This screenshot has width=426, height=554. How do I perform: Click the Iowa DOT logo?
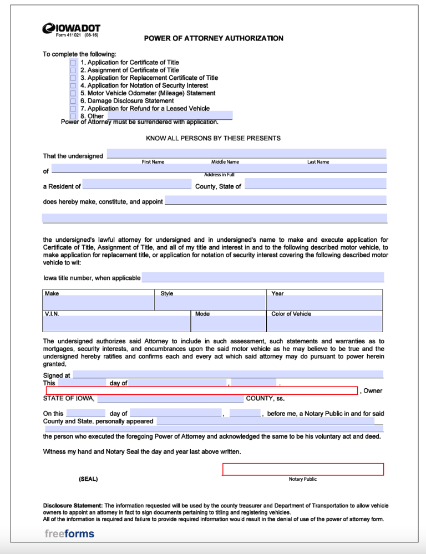(x=71, y=28)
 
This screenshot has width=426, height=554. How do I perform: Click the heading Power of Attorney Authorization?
(x=214, y=38)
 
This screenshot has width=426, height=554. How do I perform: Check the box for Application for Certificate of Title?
(x=73, y=63)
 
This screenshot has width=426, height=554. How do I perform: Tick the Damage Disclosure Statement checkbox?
(x=73, y=101)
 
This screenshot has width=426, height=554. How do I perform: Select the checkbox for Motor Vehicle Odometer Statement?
(x=73, y=93)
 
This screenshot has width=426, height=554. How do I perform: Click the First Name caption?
(x=153, y=162)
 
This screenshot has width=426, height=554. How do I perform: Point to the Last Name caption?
(x=318, y=162)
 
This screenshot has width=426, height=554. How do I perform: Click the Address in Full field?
(x=219, y=169)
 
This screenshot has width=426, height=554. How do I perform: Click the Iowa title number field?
(x=262, y=277)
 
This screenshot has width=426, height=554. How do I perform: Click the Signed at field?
(x=227, y=374)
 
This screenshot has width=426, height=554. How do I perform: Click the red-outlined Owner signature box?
(x=201, y=390)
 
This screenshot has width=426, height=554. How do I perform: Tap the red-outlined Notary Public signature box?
(x=303, y=469)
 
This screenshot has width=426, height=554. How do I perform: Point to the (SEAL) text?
(x=88, y=479)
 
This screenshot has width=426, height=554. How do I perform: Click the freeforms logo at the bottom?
(x=69, y=534)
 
